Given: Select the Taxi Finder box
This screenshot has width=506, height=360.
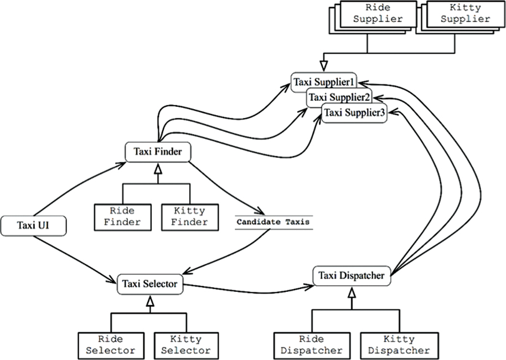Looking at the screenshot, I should [x=158, y=151].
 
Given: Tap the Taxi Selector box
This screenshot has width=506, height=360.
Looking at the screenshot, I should [x=149, y=284].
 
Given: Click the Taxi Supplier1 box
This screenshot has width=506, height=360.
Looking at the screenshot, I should [x=324, y=83].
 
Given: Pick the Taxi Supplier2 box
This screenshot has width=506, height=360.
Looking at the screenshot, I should [x=339, y=97].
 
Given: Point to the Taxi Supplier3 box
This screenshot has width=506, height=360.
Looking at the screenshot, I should [x=355, y=112].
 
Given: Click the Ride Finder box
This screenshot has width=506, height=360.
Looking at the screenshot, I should [x=122, y=216].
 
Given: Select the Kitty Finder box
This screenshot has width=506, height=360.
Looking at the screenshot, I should [x=189, y=216].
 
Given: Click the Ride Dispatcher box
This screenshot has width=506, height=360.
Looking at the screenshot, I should [x=311, y=344].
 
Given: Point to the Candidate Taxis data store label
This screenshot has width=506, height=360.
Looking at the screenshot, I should [x=273, y=222].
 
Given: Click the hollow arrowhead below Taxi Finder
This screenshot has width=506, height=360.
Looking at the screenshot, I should [x=157, y=168].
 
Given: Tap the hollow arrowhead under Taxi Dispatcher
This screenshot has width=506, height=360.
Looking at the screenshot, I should [x=350, y=292].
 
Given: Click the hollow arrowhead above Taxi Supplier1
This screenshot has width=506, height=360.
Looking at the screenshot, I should [x=325, y=68].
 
